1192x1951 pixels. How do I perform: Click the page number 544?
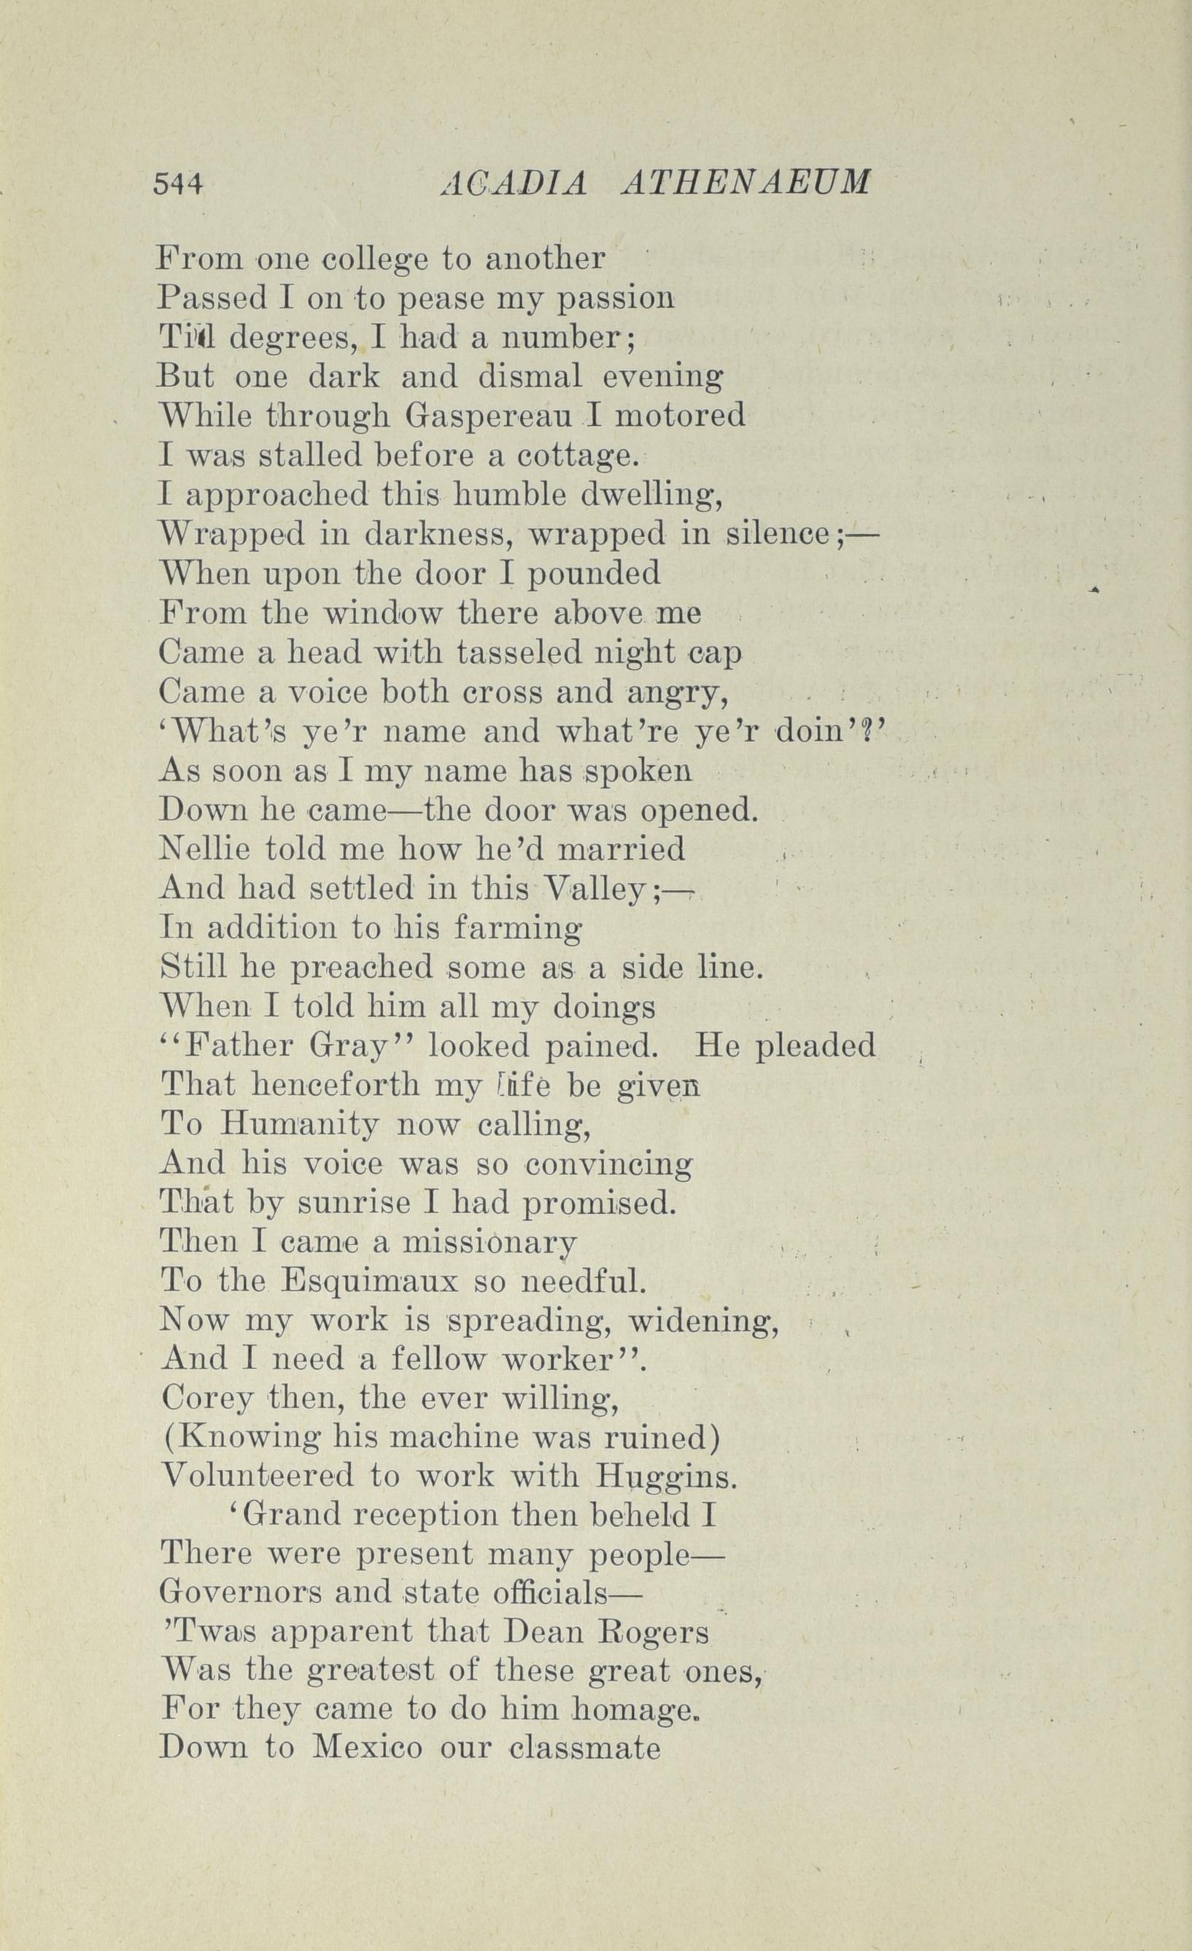[x=179, y=184]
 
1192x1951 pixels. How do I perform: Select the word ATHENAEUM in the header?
[x=747, y=184]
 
